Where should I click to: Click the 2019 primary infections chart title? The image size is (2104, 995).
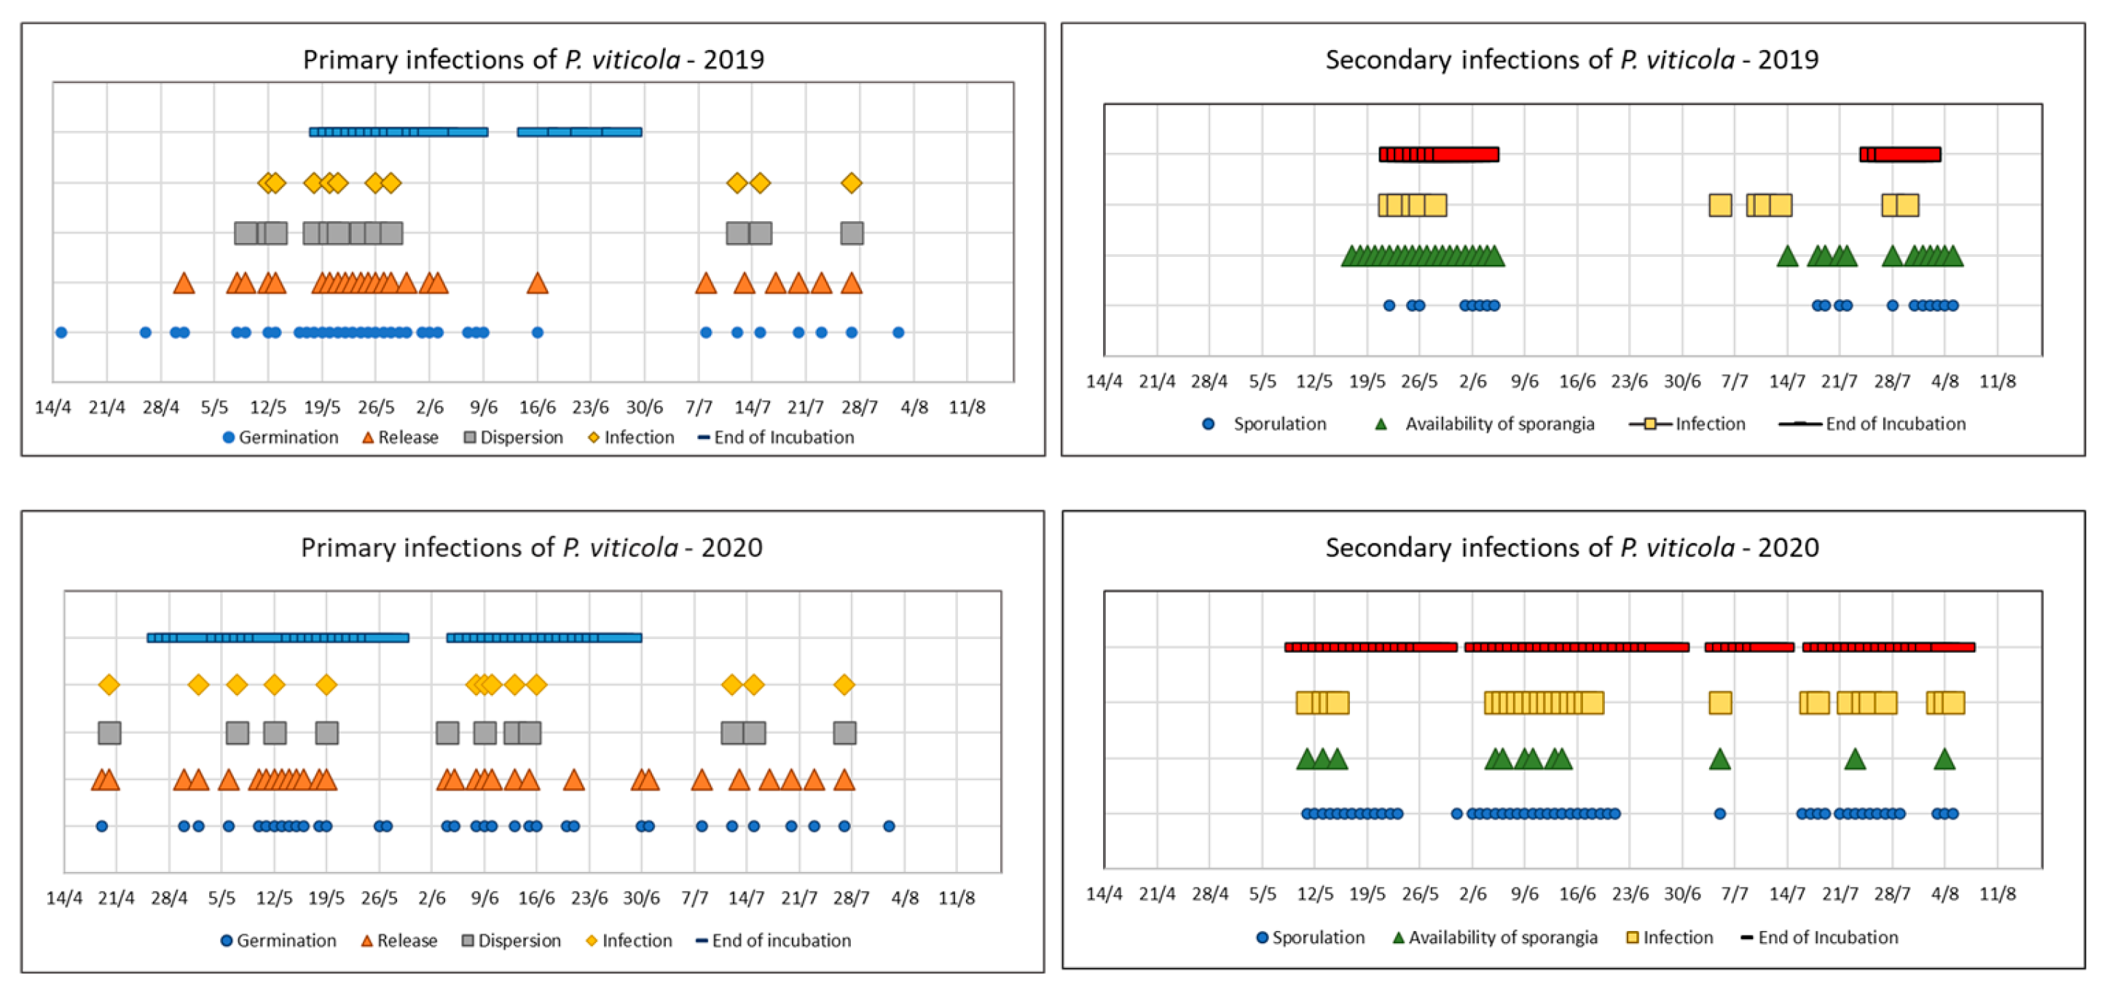533,60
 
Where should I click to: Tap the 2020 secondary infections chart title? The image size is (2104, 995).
1571,547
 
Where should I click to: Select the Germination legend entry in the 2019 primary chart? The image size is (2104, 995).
280,437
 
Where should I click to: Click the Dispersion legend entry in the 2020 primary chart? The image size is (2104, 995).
511,940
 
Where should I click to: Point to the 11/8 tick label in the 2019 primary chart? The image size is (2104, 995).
967,408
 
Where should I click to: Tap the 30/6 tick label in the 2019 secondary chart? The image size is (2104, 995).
1681,381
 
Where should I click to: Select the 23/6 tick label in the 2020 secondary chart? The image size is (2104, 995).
1630,894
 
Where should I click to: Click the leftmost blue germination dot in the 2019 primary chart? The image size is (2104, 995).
61,332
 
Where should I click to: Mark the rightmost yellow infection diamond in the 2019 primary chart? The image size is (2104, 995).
851,183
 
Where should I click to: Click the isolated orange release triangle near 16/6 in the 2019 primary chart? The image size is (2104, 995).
537,284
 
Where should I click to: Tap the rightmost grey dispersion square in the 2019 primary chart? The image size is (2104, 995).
851,234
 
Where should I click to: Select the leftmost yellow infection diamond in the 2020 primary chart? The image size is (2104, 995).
109,685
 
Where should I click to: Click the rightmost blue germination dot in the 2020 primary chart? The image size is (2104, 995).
889,826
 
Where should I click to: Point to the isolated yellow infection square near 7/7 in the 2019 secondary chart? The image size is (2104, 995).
1720,205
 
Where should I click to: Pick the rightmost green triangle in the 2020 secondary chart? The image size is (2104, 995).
1944,760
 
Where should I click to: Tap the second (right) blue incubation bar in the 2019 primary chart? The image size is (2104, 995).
579,132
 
